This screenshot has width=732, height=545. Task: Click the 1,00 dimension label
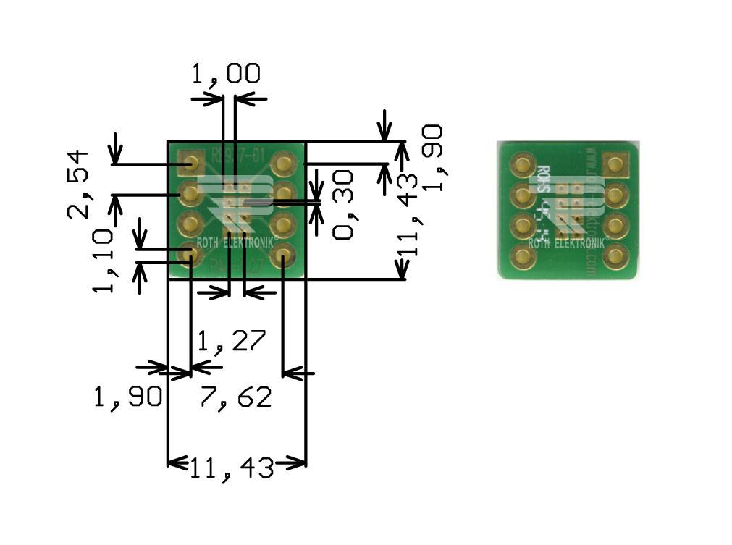(x=226, y=75)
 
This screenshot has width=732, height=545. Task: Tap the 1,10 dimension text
(x=103, y=261)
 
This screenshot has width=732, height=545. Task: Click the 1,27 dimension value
(x=232, y=339)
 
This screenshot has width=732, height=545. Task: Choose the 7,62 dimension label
(x=236, y=397)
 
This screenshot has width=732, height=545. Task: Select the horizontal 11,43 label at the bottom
(x=233, y=468)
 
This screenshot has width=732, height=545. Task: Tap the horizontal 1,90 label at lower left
(x=127, y=397)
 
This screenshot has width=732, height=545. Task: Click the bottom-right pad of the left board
(x=283, y=255)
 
